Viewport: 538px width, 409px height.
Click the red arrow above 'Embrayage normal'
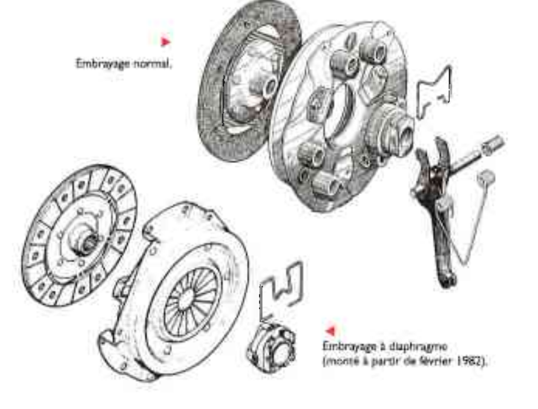coord(165,42)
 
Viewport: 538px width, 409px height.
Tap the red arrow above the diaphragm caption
coord(330,330)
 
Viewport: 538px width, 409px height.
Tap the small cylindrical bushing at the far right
coord(493,144)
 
